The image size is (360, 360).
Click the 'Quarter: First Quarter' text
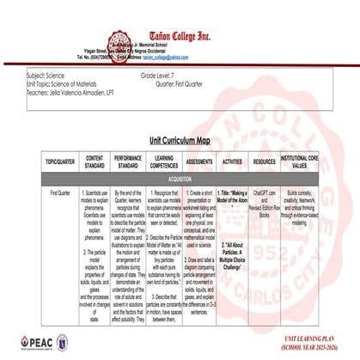click(188, 83)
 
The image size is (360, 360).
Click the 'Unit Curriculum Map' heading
click(179, 139)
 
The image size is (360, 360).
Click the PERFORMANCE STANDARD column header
click(131, 161)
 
